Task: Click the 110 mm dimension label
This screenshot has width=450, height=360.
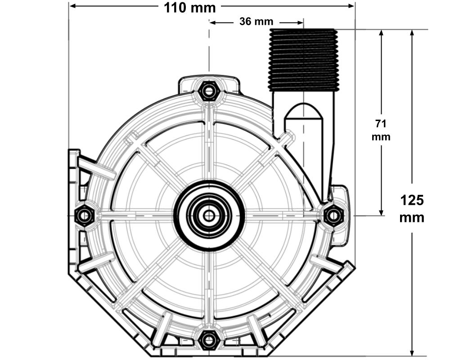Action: coord(189,8)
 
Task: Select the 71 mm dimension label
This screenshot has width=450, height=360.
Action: coord(381,130)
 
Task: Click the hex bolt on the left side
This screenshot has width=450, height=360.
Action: coord(84,216)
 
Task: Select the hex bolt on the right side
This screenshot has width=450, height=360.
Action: coord(333,216)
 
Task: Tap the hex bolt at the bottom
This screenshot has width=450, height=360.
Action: coord(208,339)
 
